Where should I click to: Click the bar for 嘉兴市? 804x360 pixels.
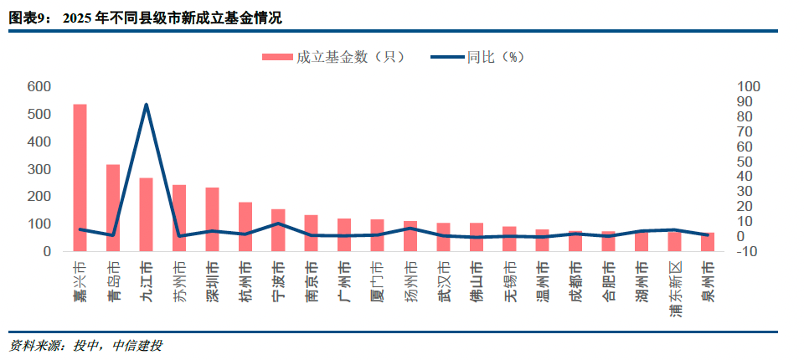click(x=80, y=177)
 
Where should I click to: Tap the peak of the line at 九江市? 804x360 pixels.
click(x=147, y=105)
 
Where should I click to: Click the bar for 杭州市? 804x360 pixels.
click(x=245, y=226)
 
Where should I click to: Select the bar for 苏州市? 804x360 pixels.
click(x=179, y=218)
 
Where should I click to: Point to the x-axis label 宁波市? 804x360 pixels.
click(x=278, y=279)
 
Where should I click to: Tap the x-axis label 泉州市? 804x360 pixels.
click(x=708, y=279)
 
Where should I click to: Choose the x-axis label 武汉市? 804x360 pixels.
click(x=443, y=279)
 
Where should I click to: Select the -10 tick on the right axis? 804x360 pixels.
click(x=748, y=251)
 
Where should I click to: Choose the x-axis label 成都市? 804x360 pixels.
click(x=575, y=279)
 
